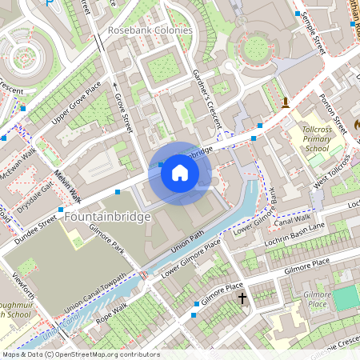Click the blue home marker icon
pyautogui.click(x=180, y=173)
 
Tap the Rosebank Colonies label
pyautogui.click(x=150, y=30)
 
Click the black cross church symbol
pyautogui.click(x=242, y=298)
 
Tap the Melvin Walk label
pyautogui.click(x=70, y=186)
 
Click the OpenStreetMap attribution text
pyautogui.click(x=81, y=354)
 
